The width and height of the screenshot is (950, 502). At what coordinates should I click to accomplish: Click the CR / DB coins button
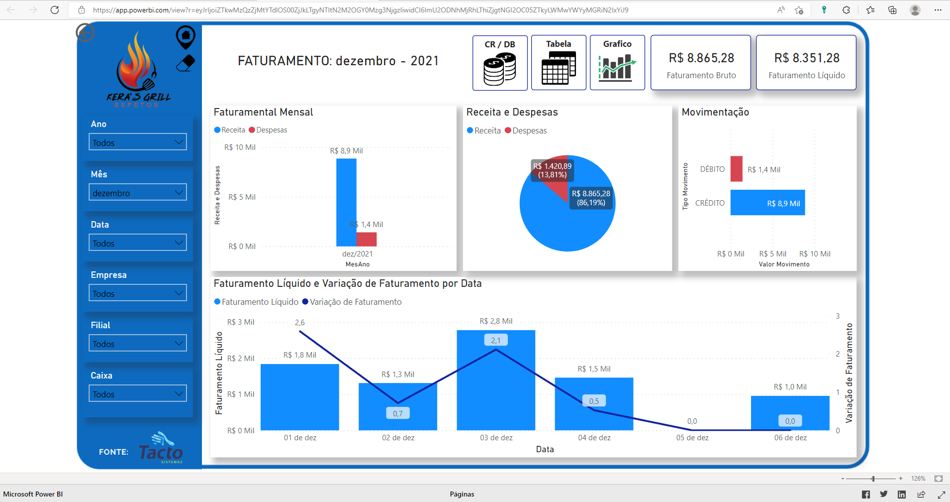coord(500,63)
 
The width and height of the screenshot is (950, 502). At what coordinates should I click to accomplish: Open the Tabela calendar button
coord(559,63)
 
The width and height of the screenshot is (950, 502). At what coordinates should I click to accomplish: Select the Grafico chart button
coord(617,63)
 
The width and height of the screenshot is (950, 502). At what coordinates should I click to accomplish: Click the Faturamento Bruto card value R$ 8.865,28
coord(701,58)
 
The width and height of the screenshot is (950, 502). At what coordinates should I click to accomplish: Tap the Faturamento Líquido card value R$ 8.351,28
coord(807,58)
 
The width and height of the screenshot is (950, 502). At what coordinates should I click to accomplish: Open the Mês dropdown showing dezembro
coord(138,192)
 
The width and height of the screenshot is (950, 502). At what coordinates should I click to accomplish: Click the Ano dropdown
coord(138,142)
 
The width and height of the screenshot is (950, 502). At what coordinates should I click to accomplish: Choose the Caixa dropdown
coord(138,393)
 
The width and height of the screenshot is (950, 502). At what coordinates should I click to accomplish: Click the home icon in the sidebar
coord(186,36)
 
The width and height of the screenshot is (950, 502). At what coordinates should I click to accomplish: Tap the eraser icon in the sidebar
coord(186,63)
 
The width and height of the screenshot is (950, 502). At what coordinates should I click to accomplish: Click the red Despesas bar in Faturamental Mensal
coord(367,239)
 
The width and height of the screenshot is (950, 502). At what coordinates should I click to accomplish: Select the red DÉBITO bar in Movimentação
coord(737,169)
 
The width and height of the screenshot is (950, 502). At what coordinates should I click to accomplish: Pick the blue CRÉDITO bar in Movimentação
coord(767,202)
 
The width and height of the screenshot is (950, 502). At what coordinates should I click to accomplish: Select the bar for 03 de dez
coord(496,380)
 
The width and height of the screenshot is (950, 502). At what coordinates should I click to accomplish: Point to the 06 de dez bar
coord(790,413)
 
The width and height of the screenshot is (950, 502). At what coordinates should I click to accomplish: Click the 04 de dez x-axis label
coord(594,438)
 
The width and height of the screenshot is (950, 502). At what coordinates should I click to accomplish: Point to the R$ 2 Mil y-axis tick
coord(241,359)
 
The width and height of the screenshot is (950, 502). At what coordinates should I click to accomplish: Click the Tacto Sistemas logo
coord(161,447)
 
